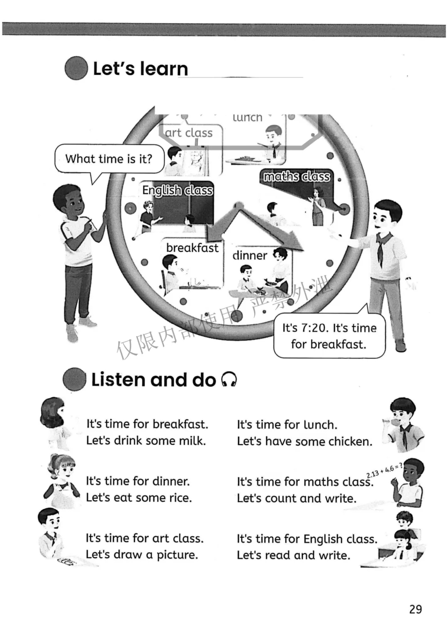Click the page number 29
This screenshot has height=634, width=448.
point(415,609)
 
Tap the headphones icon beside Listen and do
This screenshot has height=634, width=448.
point(229,379)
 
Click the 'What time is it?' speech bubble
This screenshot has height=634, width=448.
point(109,159)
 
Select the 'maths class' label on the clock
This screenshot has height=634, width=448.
point(297,177)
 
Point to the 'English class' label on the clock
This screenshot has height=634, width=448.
point(178,190)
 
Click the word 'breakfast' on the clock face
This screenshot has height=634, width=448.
point(192,248)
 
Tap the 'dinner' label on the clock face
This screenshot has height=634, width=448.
point(250,255)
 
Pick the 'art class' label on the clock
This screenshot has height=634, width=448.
point(189,133)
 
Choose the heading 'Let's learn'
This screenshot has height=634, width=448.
point(140,69)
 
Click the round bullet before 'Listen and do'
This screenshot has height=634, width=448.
point(75,379)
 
